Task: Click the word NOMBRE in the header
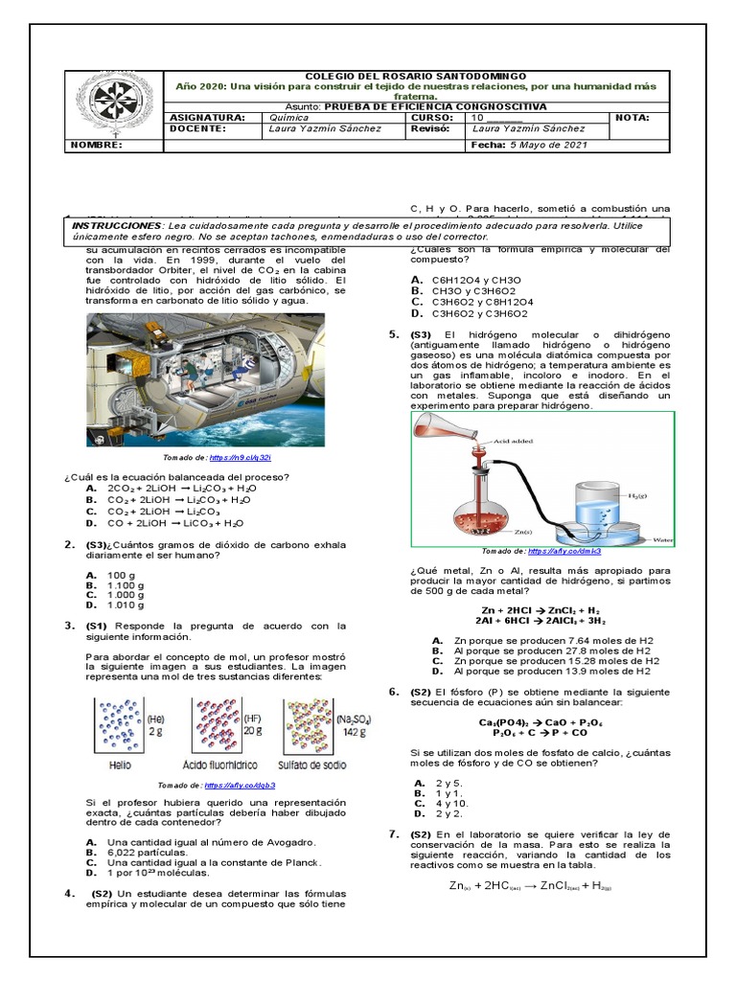pyautogui.click(x=97, y=146)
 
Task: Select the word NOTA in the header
pyautogui.click(x=633, y=118)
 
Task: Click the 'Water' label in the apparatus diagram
pyautogui.click(x=661, y=540)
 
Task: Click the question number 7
pyautogui.click(x=394, y=834)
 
